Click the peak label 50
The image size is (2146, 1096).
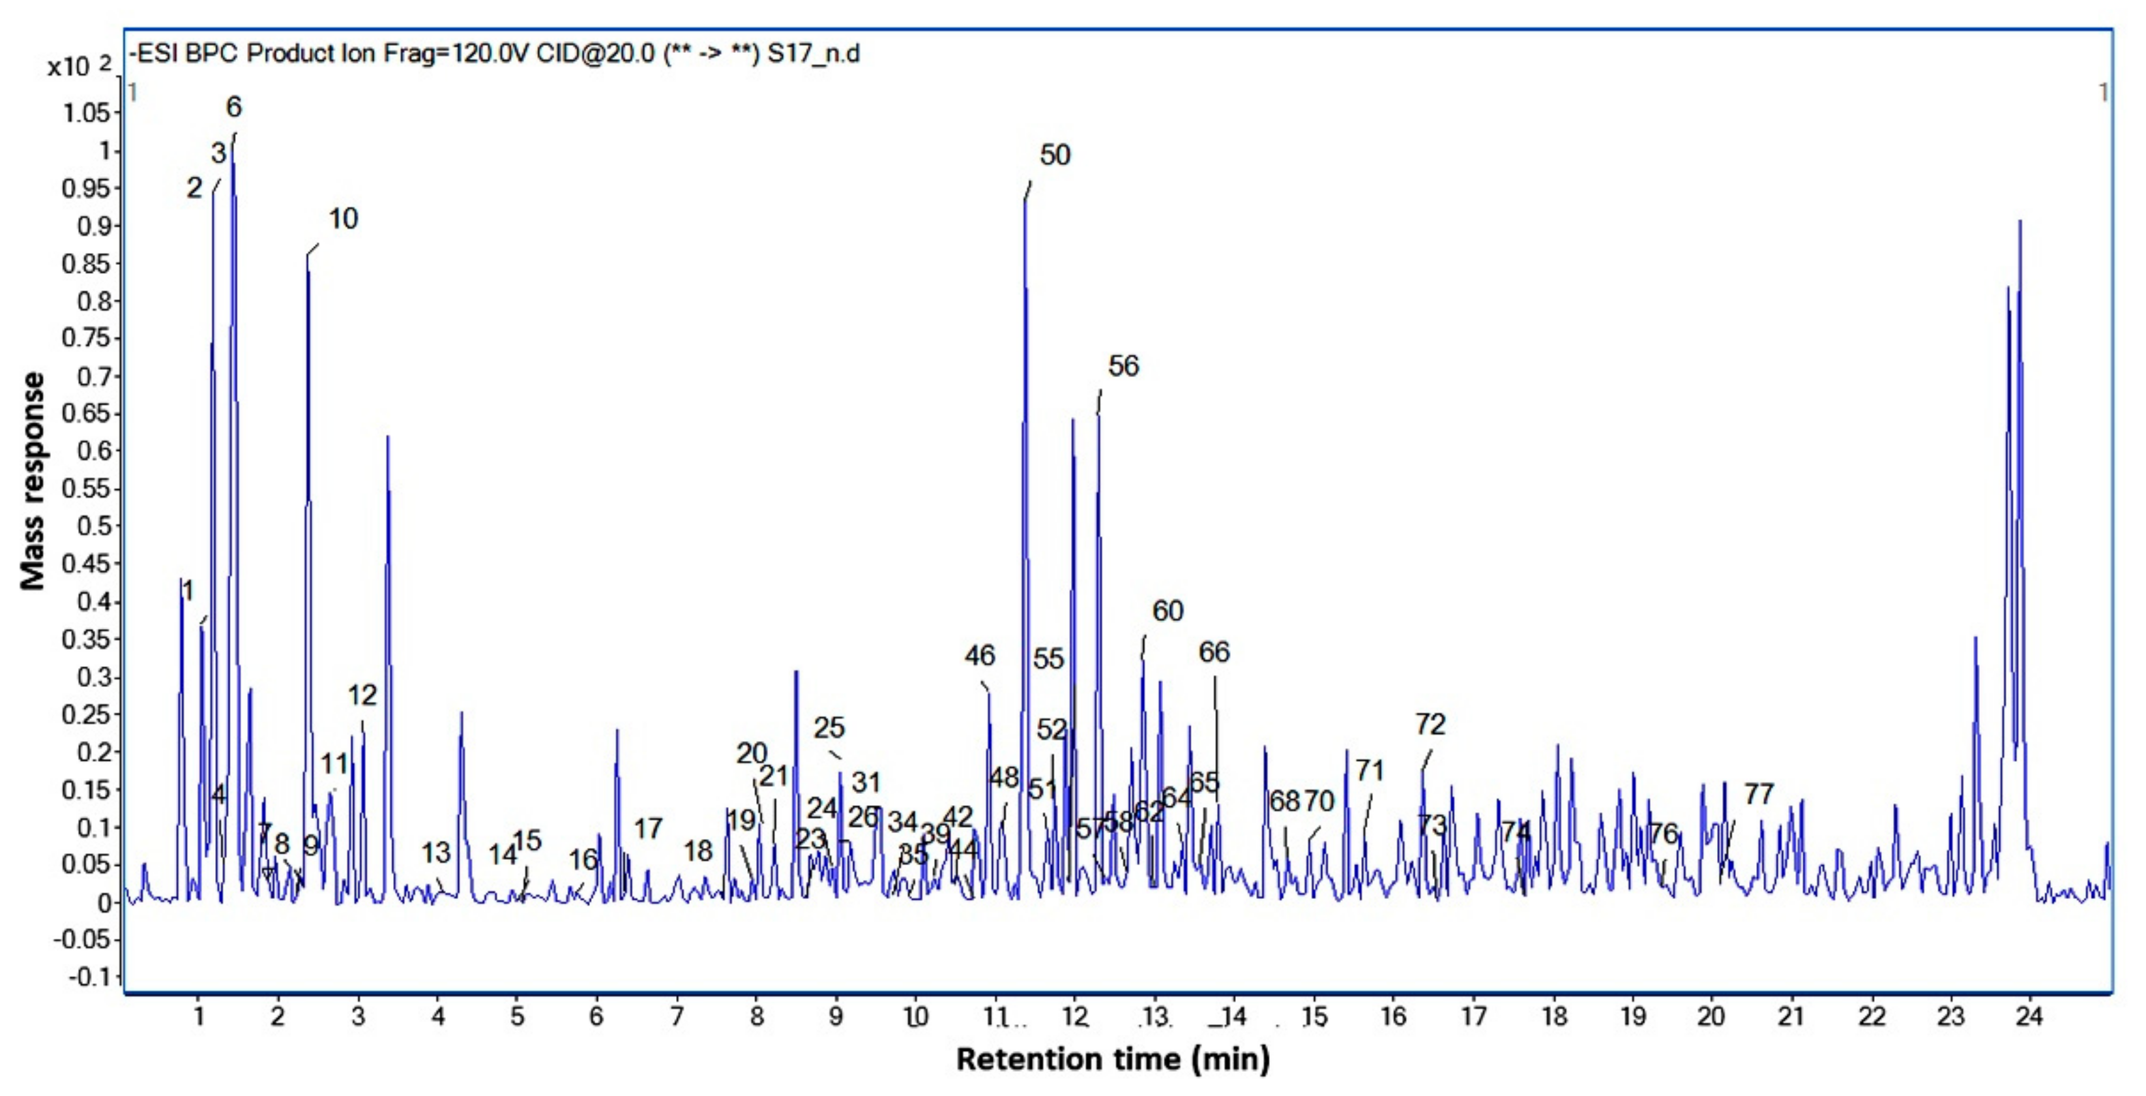pos(1055,155)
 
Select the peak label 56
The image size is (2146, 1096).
pos(1123,366)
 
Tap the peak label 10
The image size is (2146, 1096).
pos(342,219)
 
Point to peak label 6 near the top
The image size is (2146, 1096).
pos(234,108)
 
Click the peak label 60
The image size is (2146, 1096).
pos(1167,611)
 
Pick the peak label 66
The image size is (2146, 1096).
pos(1214,652)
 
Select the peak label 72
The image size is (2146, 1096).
pos(1430,724)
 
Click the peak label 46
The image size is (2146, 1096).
pos(980,656)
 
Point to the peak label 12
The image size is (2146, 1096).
pos(362,695)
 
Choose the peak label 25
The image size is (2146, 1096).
pos(829,727)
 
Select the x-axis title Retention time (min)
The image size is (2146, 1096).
pos(1113,1059)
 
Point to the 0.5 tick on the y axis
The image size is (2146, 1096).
pos(94,526)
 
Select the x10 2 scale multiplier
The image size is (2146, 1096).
pos(78,67)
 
